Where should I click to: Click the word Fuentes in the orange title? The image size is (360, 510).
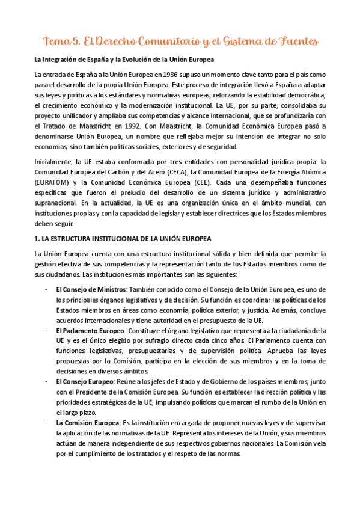click(x=293, y=41)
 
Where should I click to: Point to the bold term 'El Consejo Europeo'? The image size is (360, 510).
click(x=85, y=382)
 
